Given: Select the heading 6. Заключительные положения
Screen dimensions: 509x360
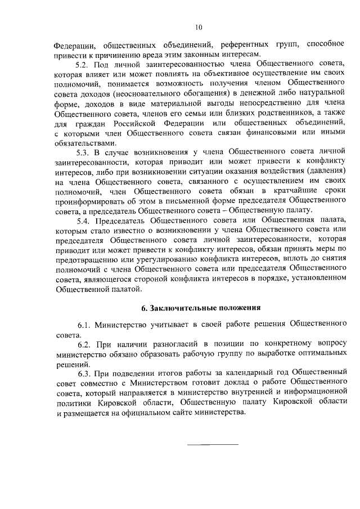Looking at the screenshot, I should (x=201, y=307).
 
